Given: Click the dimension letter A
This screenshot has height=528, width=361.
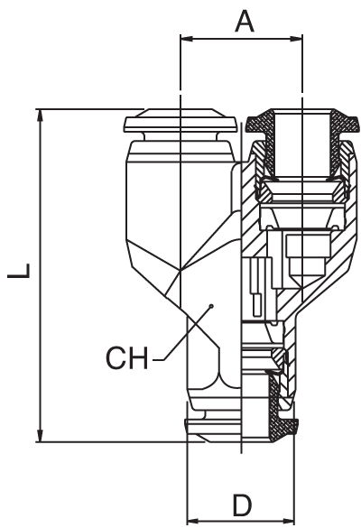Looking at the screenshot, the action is (x=245, y=21).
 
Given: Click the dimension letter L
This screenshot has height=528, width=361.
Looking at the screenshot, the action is (x=19, y=271).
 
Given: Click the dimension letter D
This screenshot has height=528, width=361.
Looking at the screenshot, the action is (x=243, y=505).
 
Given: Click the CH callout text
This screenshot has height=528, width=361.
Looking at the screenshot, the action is (x=126, y=357).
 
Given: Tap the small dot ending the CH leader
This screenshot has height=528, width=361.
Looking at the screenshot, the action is (x=211, y=306).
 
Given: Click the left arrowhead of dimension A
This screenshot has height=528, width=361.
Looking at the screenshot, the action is (x=186, y=39).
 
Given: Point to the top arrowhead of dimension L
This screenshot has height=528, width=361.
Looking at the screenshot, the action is (x=41, y=116).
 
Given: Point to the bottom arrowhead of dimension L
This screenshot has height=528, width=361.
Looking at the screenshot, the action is (x=41, y=436).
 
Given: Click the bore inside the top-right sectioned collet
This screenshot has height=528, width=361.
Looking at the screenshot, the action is (x=302, y=144).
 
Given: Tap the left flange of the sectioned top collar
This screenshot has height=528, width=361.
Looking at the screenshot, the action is (x=260, y=124).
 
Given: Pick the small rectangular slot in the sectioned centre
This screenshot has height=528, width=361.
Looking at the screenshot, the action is (x=257, y=305).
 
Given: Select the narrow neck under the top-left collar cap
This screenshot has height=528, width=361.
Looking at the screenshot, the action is (x=180, y=136).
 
